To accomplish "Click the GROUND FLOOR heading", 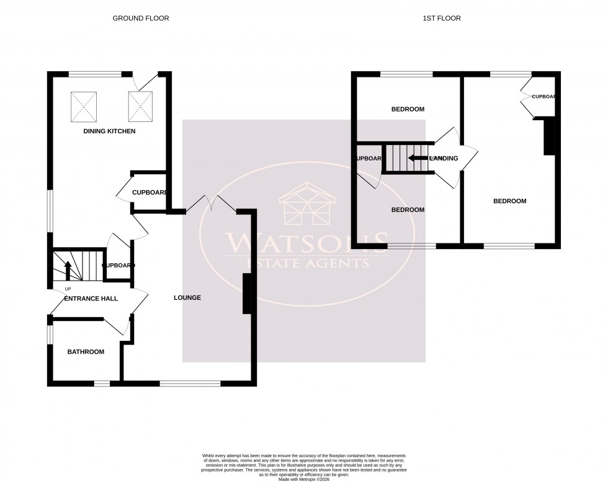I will (140, 19).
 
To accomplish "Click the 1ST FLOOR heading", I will (442, 19).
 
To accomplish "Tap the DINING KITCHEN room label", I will (109, 131).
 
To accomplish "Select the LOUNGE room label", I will (187, 297).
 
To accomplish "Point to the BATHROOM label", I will (86, 352).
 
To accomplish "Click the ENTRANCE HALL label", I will (91, 299).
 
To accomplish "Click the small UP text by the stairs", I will (68, 289).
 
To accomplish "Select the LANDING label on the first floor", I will (444, 159).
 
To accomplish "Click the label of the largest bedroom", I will (509, 201).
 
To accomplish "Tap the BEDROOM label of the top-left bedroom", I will (408, 109).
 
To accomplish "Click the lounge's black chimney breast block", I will (247, 293).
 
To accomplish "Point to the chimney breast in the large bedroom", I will (548, 137).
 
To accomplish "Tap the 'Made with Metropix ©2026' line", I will (304, 479).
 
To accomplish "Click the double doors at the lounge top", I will (211, 205).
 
